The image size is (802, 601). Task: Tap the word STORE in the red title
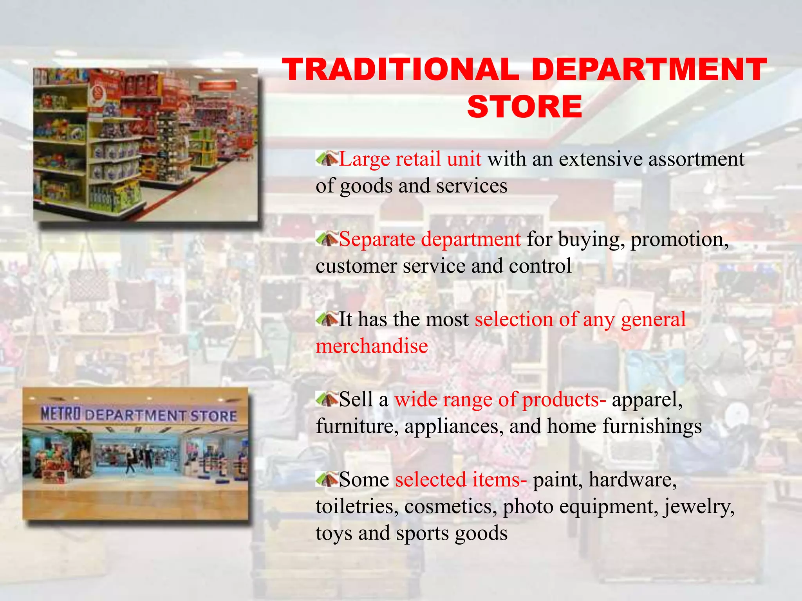click(525, 106)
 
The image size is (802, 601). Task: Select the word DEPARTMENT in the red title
click(649, 70)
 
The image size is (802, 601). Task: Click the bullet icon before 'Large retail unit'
click(327, 159)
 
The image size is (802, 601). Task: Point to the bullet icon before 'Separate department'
click(327, 239)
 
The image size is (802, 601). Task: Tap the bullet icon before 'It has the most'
click(327, 319)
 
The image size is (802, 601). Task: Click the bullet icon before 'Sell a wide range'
click(327, 399)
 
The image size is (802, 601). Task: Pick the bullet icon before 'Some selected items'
click(327, 479)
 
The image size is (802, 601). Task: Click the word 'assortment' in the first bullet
click(696, 159)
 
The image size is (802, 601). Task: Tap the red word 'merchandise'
click(372, 346)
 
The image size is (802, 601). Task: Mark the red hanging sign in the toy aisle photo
click(218, 86)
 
